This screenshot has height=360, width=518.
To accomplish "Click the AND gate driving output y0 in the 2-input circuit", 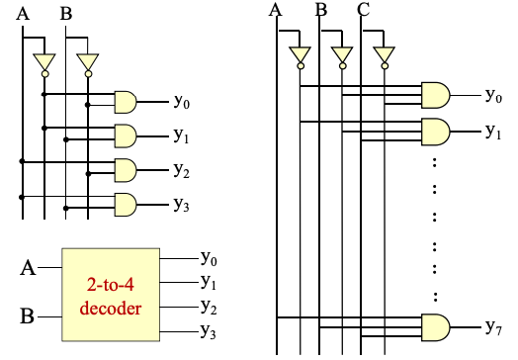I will (127, 100).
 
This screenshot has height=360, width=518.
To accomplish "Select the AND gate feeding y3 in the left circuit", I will (127, 205).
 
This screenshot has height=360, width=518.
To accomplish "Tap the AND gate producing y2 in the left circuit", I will (127, 169).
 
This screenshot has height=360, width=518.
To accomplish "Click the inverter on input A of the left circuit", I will (43, 63).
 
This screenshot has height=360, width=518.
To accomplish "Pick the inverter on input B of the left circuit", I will (88, 63).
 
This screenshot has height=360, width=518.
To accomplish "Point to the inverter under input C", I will (384, 55).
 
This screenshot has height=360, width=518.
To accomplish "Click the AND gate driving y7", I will (435, 325).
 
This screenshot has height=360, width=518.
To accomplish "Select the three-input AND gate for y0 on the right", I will (435, 95).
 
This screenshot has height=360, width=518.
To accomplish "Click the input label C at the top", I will (364, 11).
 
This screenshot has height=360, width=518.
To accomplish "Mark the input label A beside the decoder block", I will (29, 268).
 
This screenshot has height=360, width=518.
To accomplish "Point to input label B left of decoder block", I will (29, 317).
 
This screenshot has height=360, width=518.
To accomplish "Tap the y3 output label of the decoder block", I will (209, 330).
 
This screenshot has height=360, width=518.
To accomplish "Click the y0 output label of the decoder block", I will (209, 258).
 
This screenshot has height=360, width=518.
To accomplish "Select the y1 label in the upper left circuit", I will (182, 135).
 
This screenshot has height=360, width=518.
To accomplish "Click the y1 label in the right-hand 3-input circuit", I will (493, 131).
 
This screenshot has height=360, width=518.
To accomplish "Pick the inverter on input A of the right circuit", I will (299, 55).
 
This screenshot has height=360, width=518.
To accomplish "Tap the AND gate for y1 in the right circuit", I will (435, 131).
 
